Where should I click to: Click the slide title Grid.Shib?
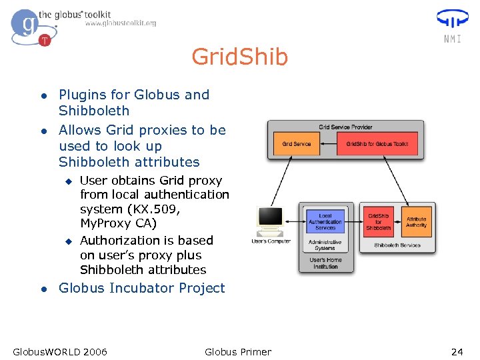239,57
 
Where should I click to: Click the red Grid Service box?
297,144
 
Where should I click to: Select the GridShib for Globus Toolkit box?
377,144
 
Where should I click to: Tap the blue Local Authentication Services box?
325,221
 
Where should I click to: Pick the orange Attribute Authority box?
416,222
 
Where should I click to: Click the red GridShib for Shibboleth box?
379,222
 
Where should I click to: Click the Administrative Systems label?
325,245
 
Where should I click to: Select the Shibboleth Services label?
397,245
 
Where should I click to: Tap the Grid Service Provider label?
345,127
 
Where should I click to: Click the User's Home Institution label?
325,263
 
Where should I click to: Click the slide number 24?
457,352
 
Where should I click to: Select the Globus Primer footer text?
238,352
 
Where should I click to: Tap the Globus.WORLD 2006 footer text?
60,352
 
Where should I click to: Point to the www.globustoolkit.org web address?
120,23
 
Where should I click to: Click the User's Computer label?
271,241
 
